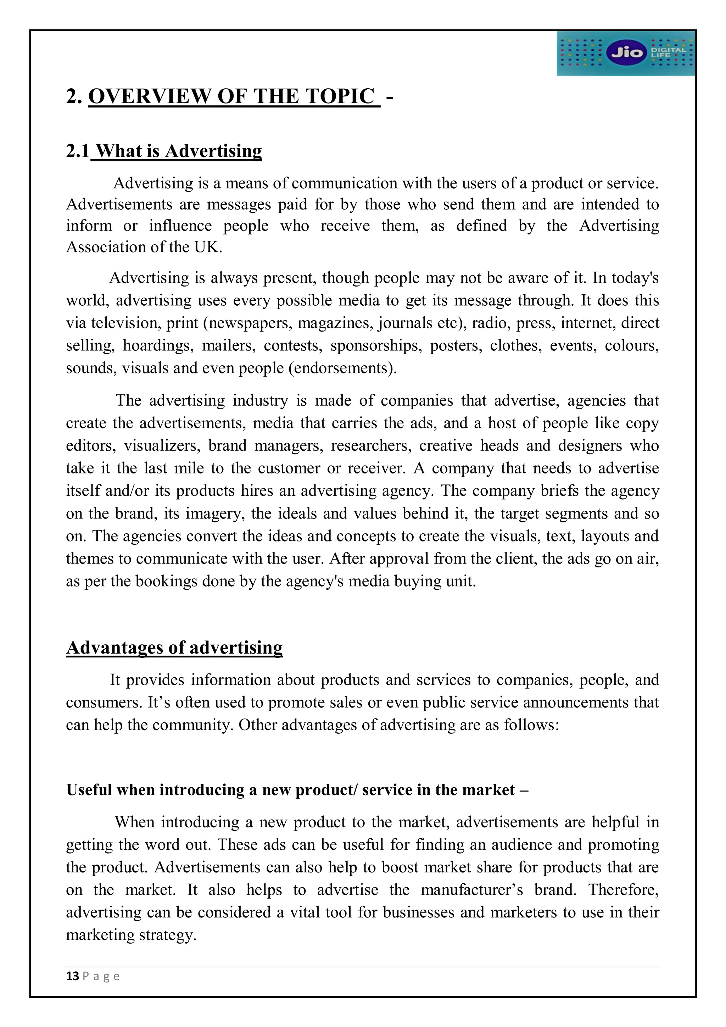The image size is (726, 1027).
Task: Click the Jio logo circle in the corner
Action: tap(626, 53)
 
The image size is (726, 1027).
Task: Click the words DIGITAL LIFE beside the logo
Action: tap(668, 52)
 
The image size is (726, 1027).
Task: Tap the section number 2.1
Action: tap(78, 151)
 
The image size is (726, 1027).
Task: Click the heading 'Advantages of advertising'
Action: tap(174, 647)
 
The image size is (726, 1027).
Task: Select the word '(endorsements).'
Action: tap(343, 368)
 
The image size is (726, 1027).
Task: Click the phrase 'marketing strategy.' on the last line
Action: tap(132, 935)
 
